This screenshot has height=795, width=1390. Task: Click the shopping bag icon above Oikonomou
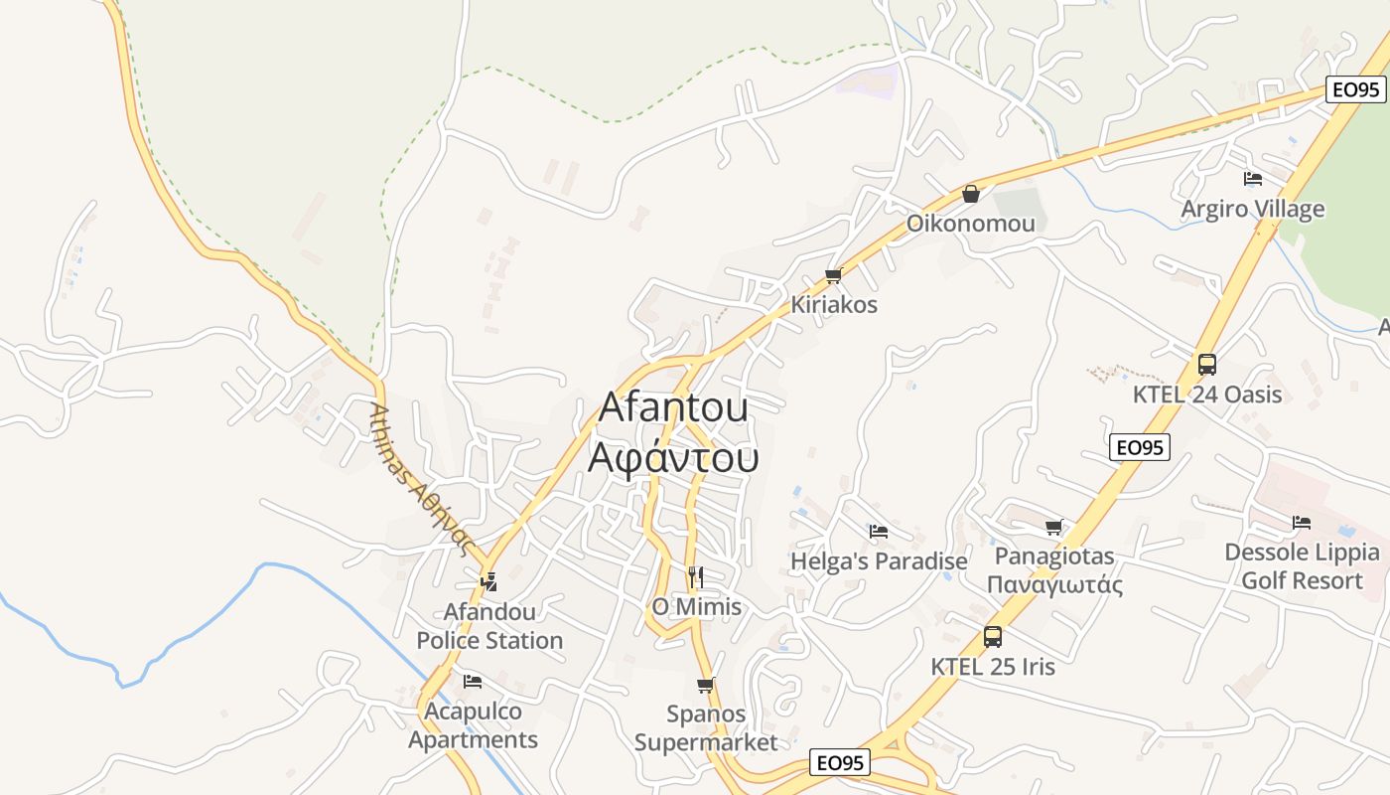tap(971, 194)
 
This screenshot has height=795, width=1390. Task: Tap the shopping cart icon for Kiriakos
tap(833, 275)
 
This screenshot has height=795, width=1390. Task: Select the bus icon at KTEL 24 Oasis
tap(1206, 365)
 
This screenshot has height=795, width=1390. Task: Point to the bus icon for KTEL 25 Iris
tap(992, 637)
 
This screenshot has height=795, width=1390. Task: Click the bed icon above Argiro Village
tap(1253, 179)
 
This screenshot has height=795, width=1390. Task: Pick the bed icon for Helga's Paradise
tap(878, 532)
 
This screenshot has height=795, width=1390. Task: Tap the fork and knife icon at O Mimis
tap(695, 576)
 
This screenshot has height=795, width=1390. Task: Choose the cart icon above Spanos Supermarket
tap(705, 685)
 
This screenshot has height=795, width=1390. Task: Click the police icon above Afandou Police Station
tap(488, 581)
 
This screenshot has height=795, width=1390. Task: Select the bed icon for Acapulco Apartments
tap(473, 682)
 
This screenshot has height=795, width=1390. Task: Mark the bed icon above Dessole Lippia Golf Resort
tap(1302, 523)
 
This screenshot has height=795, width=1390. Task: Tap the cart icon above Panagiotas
tap(1053, 527)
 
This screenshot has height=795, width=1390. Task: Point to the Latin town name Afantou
tap(673, 407)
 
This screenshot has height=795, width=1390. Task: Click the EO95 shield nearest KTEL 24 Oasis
tap(1139, 447)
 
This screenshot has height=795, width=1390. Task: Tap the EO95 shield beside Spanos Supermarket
tap(840, 762)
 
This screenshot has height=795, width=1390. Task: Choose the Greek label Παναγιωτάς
tap(1054, 584)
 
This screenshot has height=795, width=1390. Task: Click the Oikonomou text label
tap(970, 224)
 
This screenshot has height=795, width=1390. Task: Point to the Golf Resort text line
tap(1302, 580)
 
